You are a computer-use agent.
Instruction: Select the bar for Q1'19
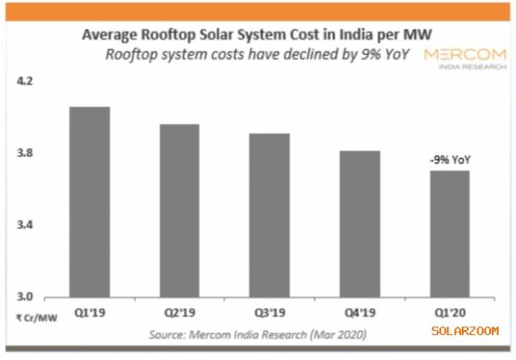click(89, 202)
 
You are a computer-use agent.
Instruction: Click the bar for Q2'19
click(178, 211)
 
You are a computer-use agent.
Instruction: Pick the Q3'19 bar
click(268, 215)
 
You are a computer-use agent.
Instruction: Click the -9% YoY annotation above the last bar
click(448, 158)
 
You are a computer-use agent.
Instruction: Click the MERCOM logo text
click(465, 53)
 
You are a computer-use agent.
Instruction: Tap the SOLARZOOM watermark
click(464, 329)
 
